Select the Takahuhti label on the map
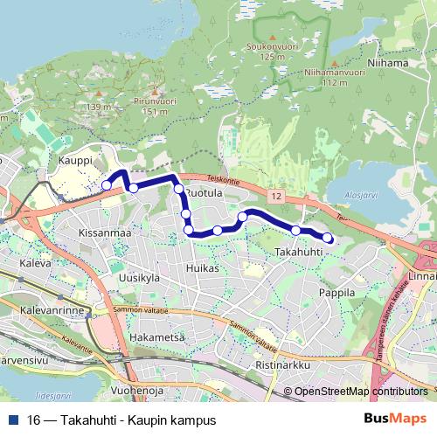tap(300, 252)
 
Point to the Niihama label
tap(388, 63)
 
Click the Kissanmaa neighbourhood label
tap(104, 233)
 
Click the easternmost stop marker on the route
tap(328, 238)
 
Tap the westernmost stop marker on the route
tap(107, 185)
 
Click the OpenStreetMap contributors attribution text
tap(360, 392)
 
